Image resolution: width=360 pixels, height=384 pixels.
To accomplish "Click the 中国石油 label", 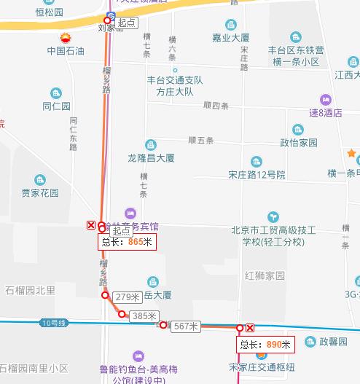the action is (66, 51).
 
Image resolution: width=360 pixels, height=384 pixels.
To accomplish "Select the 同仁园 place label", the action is (55, 106).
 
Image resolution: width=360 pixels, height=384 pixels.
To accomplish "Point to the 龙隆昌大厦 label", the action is (151, 157).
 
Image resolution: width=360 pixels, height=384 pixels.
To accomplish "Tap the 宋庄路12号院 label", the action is (256, 175).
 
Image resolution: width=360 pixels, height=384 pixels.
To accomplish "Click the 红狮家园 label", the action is (265, 275).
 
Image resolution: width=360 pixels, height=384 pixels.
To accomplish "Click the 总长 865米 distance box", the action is (128, 242).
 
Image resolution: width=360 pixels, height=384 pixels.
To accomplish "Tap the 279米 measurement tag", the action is (128, 297).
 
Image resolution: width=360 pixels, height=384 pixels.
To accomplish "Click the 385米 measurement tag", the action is (144, 316).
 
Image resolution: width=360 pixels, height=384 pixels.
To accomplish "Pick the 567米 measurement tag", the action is (186, 327).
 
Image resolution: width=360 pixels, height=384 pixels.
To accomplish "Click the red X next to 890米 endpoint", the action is (251, 329).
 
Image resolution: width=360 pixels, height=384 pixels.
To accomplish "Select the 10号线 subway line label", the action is (54, 322).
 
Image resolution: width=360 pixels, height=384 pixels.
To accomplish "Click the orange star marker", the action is (352, 154).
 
